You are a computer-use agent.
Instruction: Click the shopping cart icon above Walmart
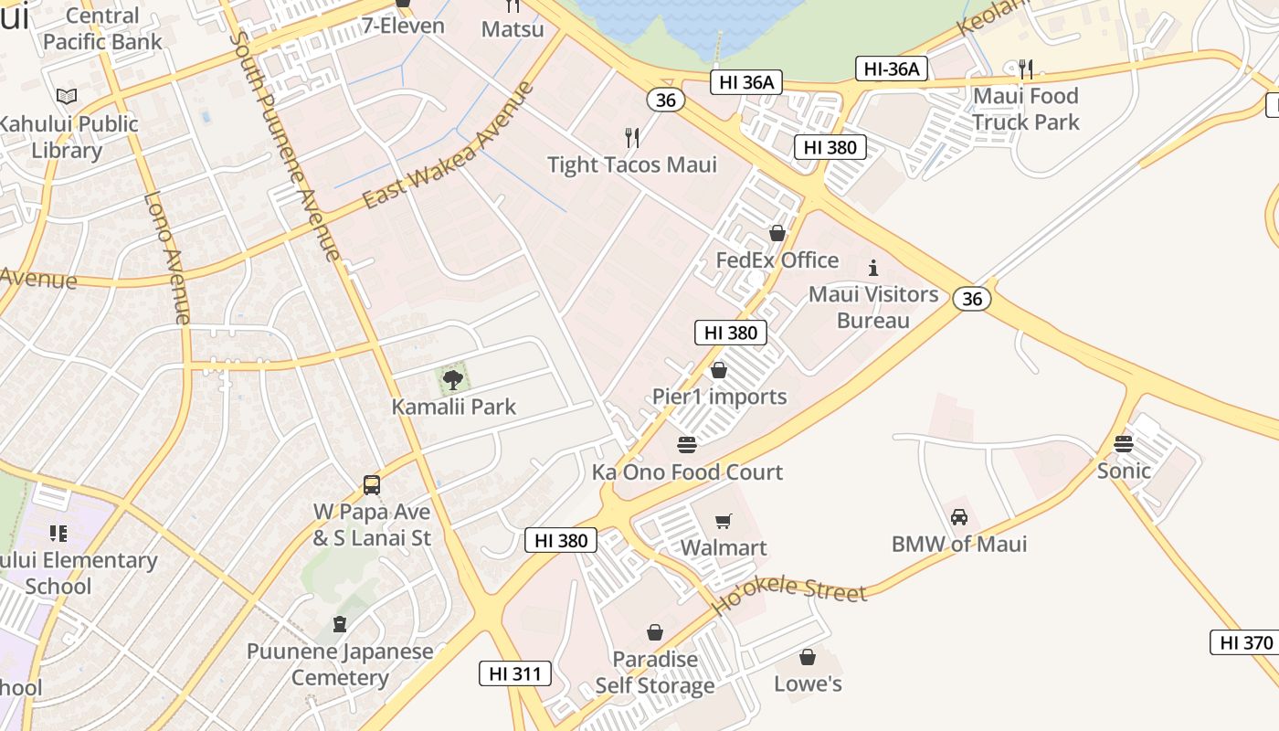click(723, 521)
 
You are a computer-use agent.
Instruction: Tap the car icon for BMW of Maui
click(959, 517)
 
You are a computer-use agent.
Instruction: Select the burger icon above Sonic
click(1124, 444)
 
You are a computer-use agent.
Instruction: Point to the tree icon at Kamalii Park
click(452, 379)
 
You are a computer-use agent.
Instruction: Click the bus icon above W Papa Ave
click(372, 485)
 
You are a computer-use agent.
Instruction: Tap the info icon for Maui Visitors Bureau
click(873, 268)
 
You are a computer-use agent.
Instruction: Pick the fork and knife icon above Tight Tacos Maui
click(632, 138)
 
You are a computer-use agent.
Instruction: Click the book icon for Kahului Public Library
click(67, 96)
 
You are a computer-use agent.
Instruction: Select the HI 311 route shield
click(515, 674)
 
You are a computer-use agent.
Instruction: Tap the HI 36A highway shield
click(746, 82)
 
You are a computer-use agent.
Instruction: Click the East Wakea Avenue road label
click(447, 145)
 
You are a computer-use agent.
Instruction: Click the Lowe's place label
click(808, 683)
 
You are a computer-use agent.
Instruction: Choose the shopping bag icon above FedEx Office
click(777, 233)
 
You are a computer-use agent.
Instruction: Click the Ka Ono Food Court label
click(687, 472)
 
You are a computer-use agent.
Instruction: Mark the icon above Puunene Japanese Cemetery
click(340, 625)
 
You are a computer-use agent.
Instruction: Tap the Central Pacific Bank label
click(102, 28)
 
